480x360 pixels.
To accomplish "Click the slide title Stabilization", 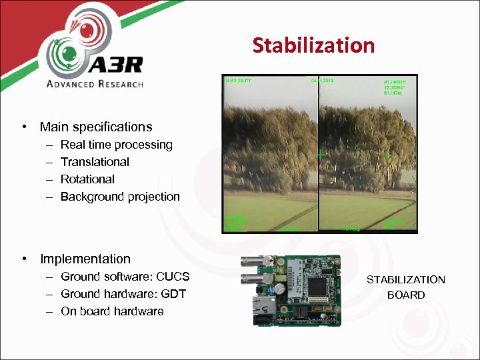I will [313, 45].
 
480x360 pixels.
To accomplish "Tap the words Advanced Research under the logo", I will [94, 84].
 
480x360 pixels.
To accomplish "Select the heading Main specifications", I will [96, 127].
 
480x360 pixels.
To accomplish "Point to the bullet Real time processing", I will [116, 145].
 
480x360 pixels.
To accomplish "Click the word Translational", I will [95, 162].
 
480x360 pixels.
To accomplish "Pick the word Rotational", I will [87, 179].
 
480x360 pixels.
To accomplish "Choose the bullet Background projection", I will [120, 197].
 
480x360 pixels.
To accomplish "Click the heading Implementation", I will [85, 259].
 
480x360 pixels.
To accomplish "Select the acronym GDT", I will [172, 294].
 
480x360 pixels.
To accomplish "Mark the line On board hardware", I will [112, 311].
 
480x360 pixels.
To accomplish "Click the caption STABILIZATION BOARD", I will [405, 287].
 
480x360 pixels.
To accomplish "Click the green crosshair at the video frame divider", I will [321, 154].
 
